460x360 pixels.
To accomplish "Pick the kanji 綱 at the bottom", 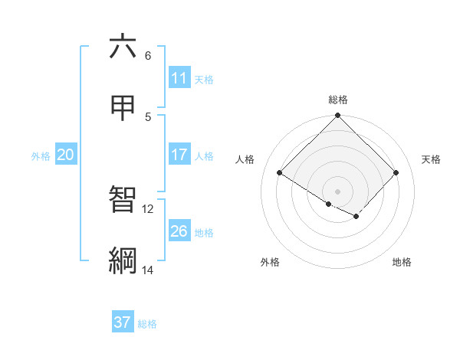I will click(123, 260).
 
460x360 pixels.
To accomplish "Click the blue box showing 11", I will click(179, 78).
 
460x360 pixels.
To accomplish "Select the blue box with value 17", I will click(179, 155).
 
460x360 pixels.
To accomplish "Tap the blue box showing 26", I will click(179, 231).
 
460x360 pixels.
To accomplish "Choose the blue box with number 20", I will click(66, 155).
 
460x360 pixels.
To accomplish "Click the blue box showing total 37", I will click(123, 322).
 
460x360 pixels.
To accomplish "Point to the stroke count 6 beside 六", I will click(148, 56).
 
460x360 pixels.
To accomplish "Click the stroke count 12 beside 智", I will click(148, 208).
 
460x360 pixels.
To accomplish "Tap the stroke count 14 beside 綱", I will click(148, 270).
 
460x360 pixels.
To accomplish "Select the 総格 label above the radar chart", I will click(338, 100).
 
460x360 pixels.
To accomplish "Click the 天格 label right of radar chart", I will click(432, 159).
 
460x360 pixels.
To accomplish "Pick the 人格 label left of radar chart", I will click(245, 159).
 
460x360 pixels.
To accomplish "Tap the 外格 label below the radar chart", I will click(270, 263).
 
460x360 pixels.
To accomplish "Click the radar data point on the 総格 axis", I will click(338, 116).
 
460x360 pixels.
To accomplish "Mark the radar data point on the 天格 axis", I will click(396, 172).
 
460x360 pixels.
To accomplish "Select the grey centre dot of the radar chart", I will click(338, 191).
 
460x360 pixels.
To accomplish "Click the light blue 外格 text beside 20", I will click(41, 155).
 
